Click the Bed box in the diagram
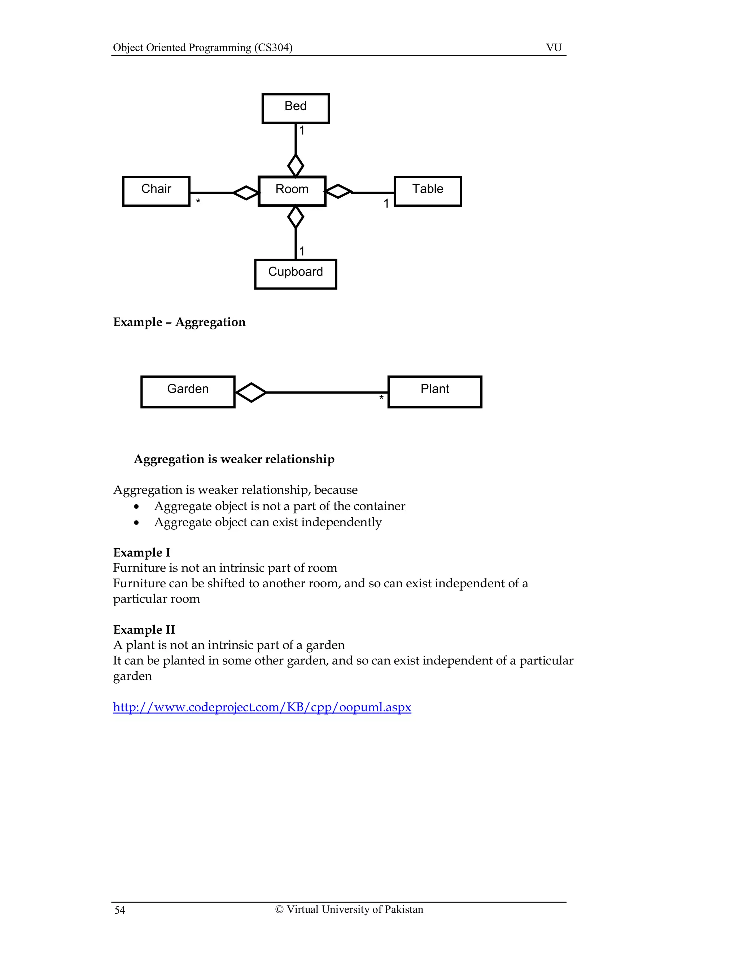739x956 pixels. click(x=296, y=108)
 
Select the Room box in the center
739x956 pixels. click(x=292, y=191)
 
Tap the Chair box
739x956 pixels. click(x=156, y=191)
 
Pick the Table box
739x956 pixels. click(x=428, y=191)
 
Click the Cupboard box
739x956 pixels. click(x=296, y=273)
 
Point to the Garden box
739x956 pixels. click(x=188, y=391)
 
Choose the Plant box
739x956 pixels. click(x=435, y=391)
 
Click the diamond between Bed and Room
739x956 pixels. click(x=296, y=166)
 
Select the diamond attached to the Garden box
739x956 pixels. click(x=251, y=392)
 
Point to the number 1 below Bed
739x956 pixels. click(x=302, y=131)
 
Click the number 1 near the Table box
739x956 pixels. click(x=386, y=203)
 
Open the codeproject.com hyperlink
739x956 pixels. click(x=262, y=707)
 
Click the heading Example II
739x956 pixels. click(x=144, y=630)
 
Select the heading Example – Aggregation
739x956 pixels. click(x=179, y=322)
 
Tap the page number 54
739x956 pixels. click(x=119, y=910)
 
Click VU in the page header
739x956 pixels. click(x=554, y=47)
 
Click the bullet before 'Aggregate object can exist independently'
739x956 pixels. click(x=137, y=523)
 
